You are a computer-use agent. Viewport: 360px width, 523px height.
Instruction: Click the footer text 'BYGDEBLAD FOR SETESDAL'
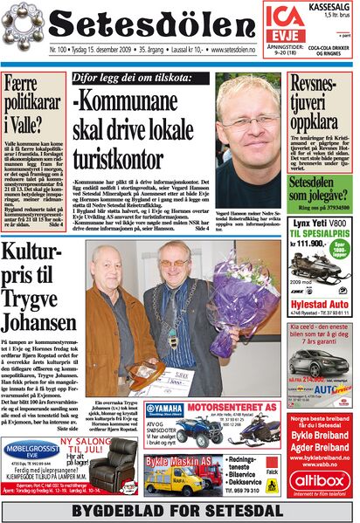click(x=180, y=511)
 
